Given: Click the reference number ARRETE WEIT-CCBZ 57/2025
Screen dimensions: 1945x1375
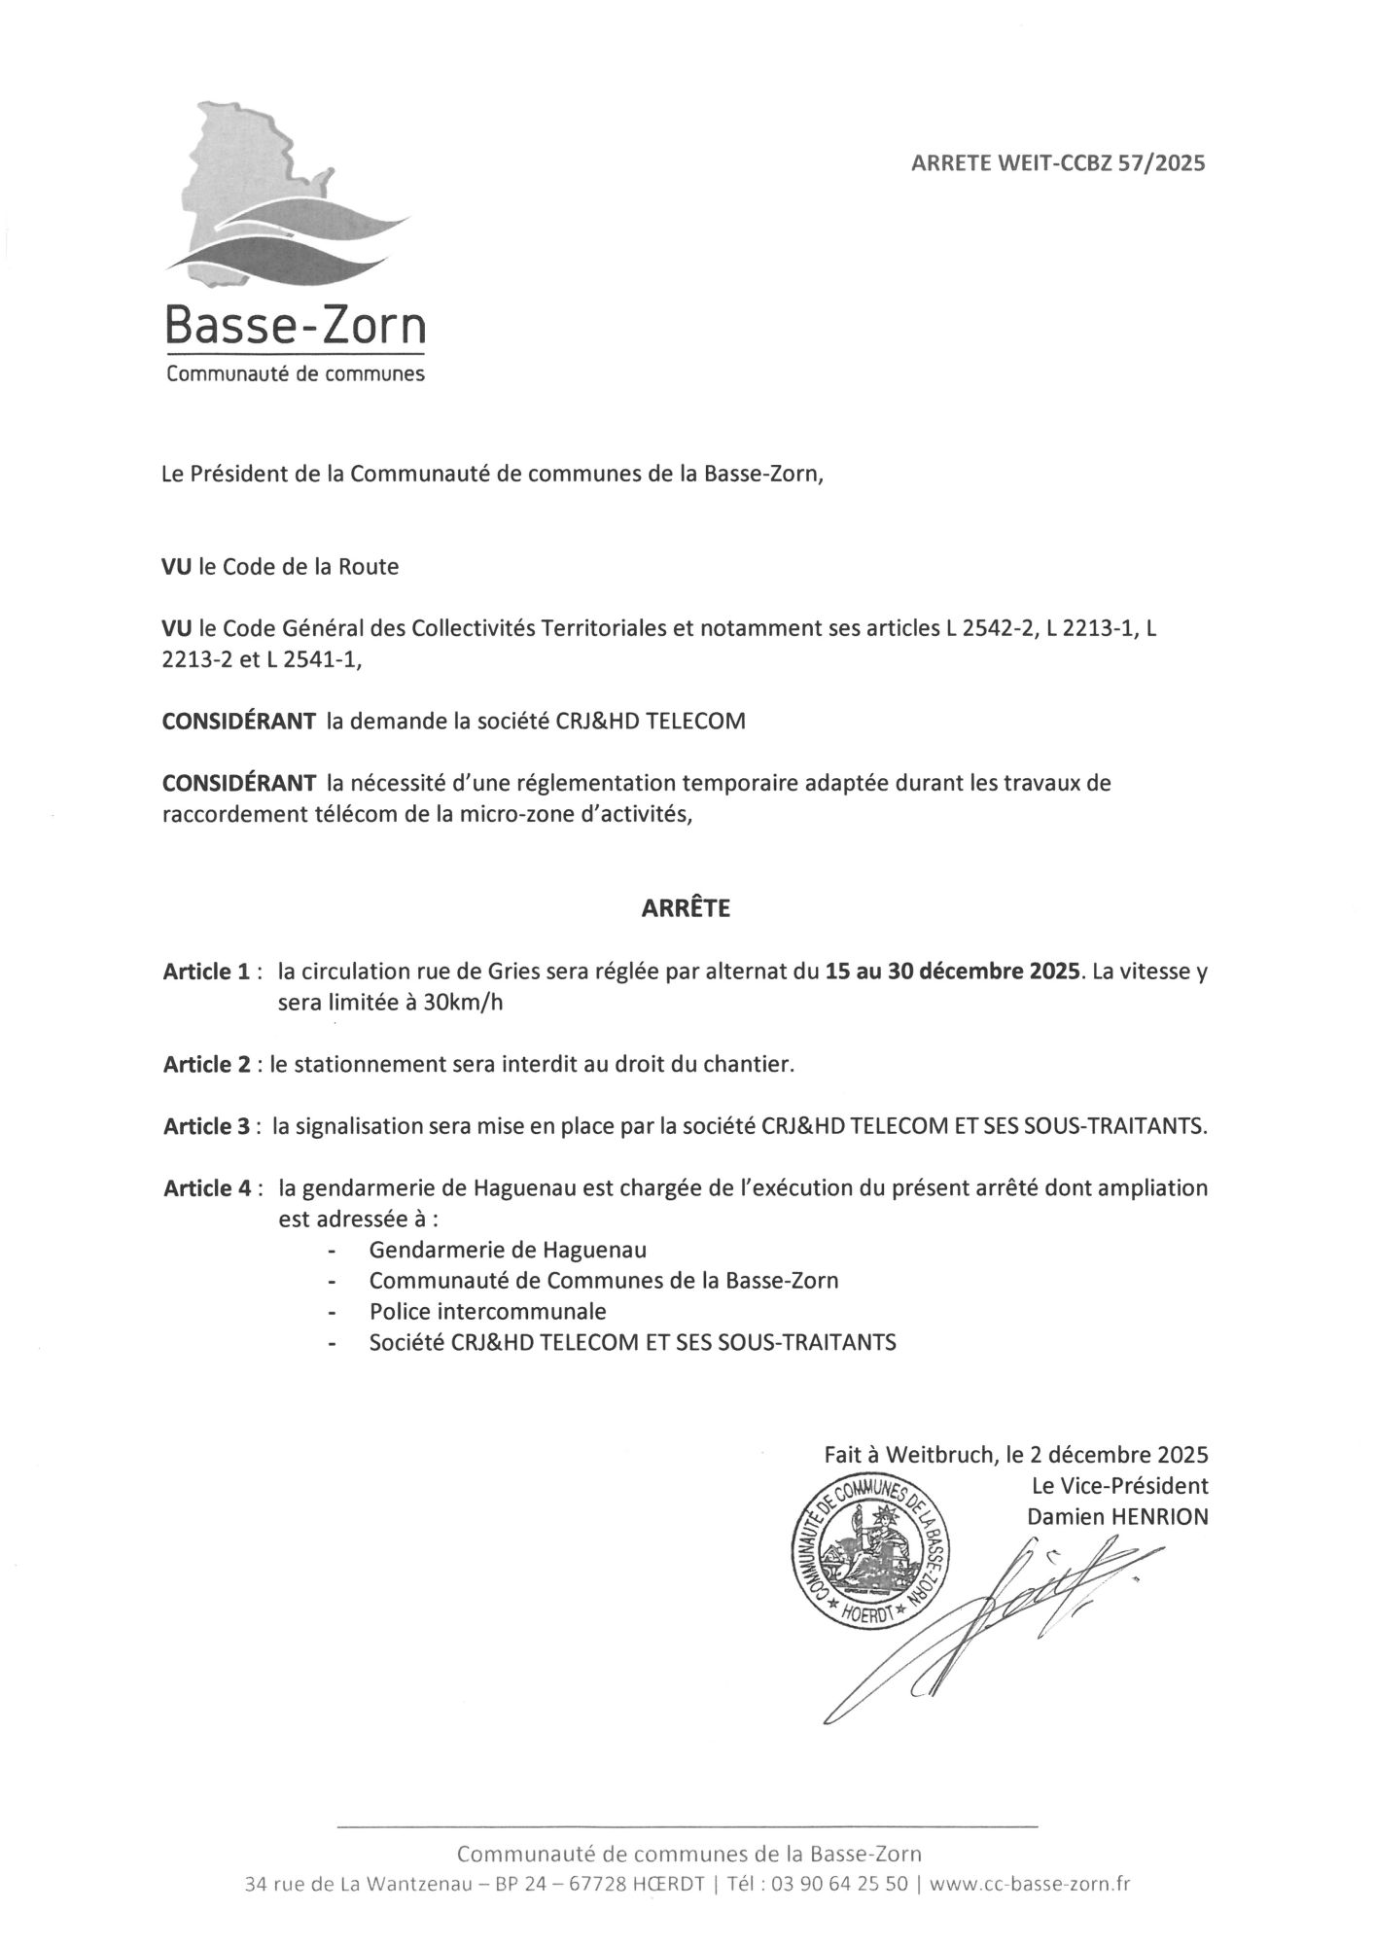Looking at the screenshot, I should [x=1057, y=163].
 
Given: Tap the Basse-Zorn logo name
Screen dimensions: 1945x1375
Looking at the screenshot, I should [x=295, y=326].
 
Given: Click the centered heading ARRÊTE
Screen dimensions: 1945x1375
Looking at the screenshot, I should [x=686, y=909].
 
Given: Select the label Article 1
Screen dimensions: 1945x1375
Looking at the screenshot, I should [x=207, y=972].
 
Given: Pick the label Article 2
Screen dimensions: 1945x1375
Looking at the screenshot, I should [x=207, y=1064].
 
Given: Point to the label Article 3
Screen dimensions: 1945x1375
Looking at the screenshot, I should [x=207, y=1126].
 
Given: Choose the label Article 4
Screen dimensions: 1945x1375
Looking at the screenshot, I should [x=207, y=1188].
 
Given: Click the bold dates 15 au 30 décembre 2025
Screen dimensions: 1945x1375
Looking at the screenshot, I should [x=952, y=972].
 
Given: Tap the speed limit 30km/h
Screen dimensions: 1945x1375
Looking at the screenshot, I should [x=464, y=1003].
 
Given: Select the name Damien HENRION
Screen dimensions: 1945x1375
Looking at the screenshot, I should [x=1117, y=1516].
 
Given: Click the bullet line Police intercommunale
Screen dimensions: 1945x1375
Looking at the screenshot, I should [x=487, y=1311].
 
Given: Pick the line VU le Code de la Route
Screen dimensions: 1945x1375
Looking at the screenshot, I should [x=280, y=567].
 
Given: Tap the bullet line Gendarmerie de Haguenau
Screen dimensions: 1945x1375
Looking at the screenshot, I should [x=508, y=1250].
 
